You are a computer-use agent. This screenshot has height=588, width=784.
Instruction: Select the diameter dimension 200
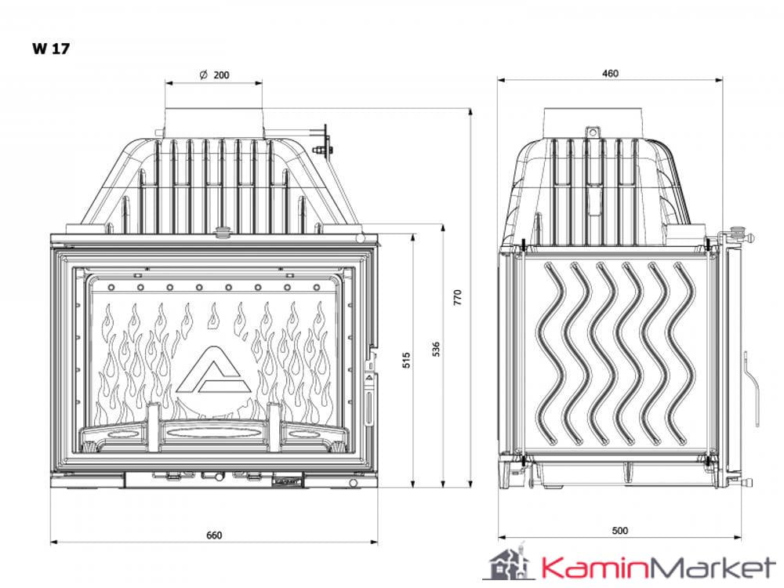click(221, 75)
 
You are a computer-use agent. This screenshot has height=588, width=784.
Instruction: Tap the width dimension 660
click(214, 535)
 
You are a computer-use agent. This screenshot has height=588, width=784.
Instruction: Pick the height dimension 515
click(406, 360)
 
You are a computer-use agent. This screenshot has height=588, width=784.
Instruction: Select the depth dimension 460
click(610, 74)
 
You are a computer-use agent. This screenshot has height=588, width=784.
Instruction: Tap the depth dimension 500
click(619, 531)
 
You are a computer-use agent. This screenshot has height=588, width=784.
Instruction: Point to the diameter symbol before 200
click(203, 75)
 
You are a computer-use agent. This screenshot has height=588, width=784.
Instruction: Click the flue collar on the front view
click(213, 122)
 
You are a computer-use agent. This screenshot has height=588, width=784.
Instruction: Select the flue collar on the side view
click(596, 122)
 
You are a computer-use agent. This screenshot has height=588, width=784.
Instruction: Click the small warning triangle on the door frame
click(368, 376)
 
